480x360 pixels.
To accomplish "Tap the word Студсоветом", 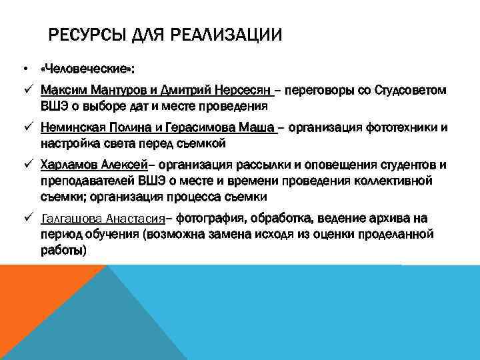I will pyautogui.click(x=409, y=89).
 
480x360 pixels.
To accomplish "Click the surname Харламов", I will pyautogui.click(x=69, y=165).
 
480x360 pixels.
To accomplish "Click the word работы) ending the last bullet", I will pyautogui.click(x=63, y=251).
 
